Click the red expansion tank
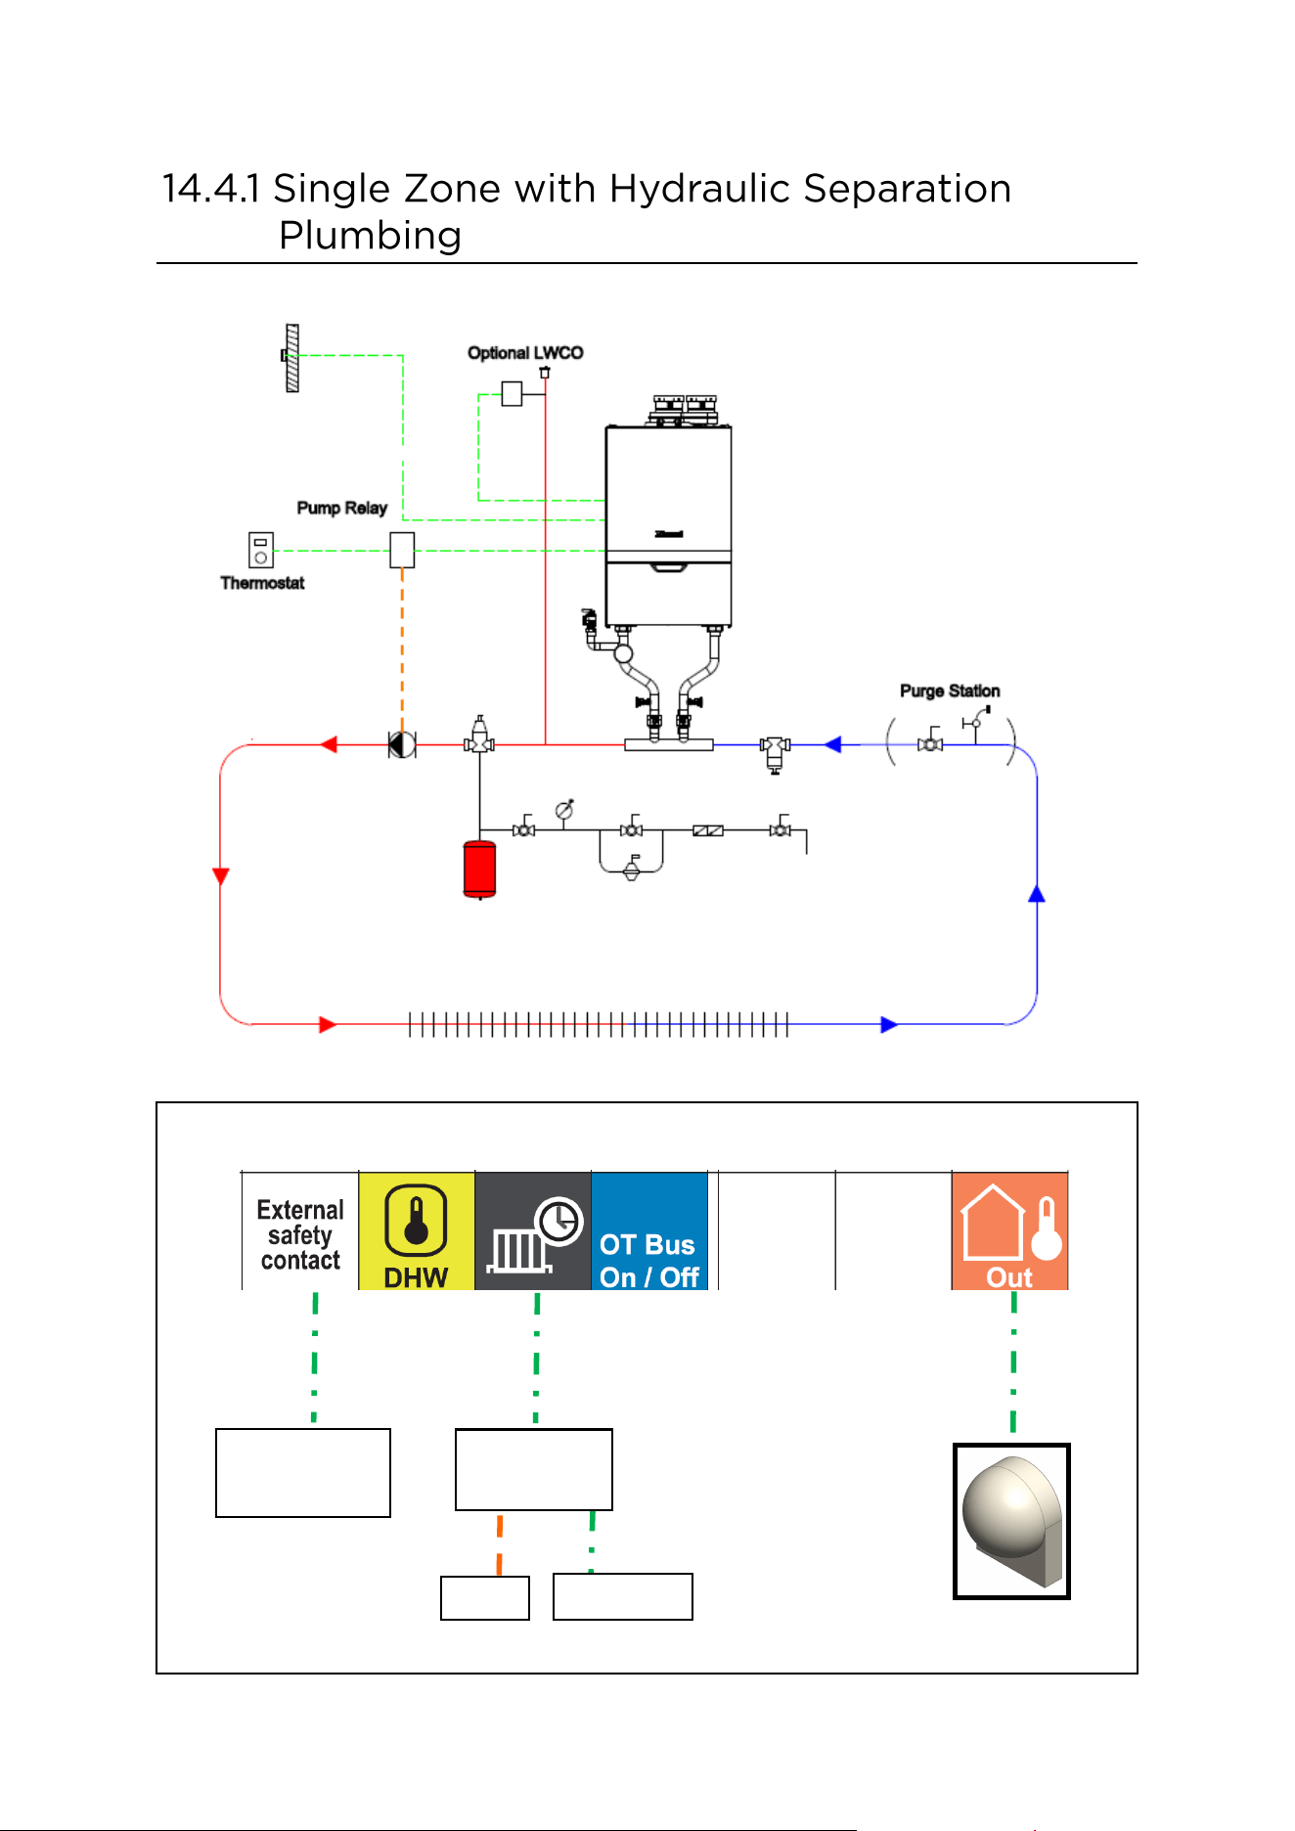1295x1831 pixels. coord(479,869)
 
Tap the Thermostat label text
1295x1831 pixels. coord(262,583)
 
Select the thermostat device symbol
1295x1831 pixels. coord(261,550)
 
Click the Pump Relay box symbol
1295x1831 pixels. coord(402,550)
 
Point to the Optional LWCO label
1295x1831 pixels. coord(525,353)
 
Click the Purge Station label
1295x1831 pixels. coord(950,691)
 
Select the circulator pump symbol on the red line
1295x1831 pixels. coord(402,745)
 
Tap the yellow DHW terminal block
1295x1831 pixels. coord(417,1230)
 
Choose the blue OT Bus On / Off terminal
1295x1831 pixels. coord(649,1230)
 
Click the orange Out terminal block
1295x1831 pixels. coord(1009,1230)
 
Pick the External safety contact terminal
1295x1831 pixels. coord(300,1230)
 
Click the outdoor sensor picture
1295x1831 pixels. coord(1012,1521)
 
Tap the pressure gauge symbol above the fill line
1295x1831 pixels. coord(564,810)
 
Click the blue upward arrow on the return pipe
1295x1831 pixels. coord(1037,893)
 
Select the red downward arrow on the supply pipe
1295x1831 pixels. coord(221,875)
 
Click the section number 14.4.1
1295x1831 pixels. coord(211,189)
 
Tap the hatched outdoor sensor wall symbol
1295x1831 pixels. coord(291,358)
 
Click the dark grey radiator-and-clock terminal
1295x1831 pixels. coord(533,1230)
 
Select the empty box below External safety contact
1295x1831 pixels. coord(303,1473)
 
